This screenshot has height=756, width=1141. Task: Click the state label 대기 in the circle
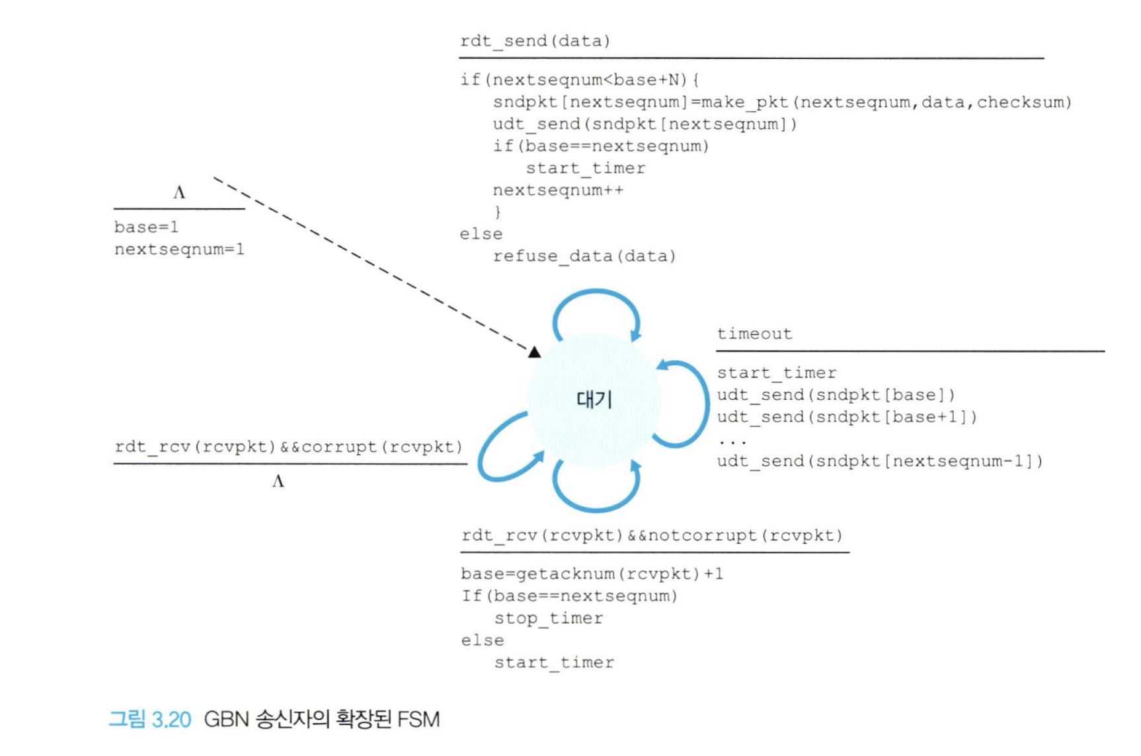tap(594, 399)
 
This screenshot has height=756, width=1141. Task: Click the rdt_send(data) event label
tap(535, 41)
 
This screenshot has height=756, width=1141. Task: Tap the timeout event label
tap(754, 334)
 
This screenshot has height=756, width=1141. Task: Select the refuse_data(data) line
tap(584, 256)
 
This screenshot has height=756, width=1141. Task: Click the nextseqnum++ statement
tap(558, 190)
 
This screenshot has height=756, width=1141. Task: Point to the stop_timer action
tap(549, 619)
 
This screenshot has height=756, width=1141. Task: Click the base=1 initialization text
tap(146, 227)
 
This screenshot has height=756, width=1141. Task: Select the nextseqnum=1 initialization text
tap(179, 249)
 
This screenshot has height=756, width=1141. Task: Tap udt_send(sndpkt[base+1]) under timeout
tap(847, 417)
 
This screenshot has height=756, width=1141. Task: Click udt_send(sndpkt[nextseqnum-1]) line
tap(880, 461)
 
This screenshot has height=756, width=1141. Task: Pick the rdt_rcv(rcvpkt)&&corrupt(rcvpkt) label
tap(288, 447)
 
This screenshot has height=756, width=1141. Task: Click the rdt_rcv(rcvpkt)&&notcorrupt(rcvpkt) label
tap(652, 535)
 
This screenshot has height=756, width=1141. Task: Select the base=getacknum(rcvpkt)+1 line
tap(592, 574)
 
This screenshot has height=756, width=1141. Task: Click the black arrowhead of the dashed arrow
tap(534, 352)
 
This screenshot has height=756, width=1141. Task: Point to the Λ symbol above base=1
tap(179, 193)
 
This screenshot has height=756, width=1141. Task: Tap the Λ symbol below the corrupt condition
tap(278, 481)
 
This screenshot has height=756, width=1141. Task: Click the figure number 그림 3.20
tap(150, 719)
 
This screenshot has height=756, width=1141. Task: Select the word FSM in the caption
tap(418, 719)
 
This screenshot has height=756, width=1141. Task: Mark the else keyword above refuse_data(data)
tap(481, 234)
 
